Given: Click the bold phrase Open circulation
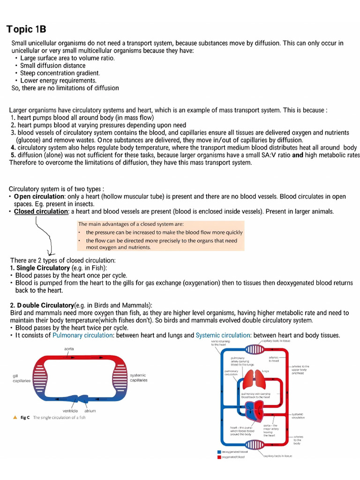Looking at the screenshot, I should pos(39,196).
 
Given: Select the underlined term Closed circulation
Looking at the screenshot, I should pos(41,211).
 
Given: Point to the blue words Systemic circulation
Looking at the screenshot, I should pos(223,335).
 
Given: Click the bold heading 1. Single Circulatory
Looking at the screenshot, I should pos(40,268).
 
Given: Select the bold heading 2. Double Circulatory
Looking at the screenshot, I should pos(42,305).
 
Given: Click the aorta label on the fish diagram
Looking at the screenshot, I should pos(69,349).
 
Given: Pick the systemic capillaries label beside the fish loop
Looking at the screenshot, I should pos(138,377).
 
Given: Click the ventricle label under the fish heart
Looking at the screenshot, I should pos(70,411).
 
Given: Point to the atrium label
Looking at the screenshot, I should pos(90,411).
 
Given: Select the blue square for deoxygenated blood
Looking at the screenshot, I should pos(219,452).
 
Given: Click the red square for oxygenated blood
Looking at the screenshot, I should pos(219,457).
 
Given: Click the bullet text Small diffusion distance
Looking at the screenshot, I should pos(52,66).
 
